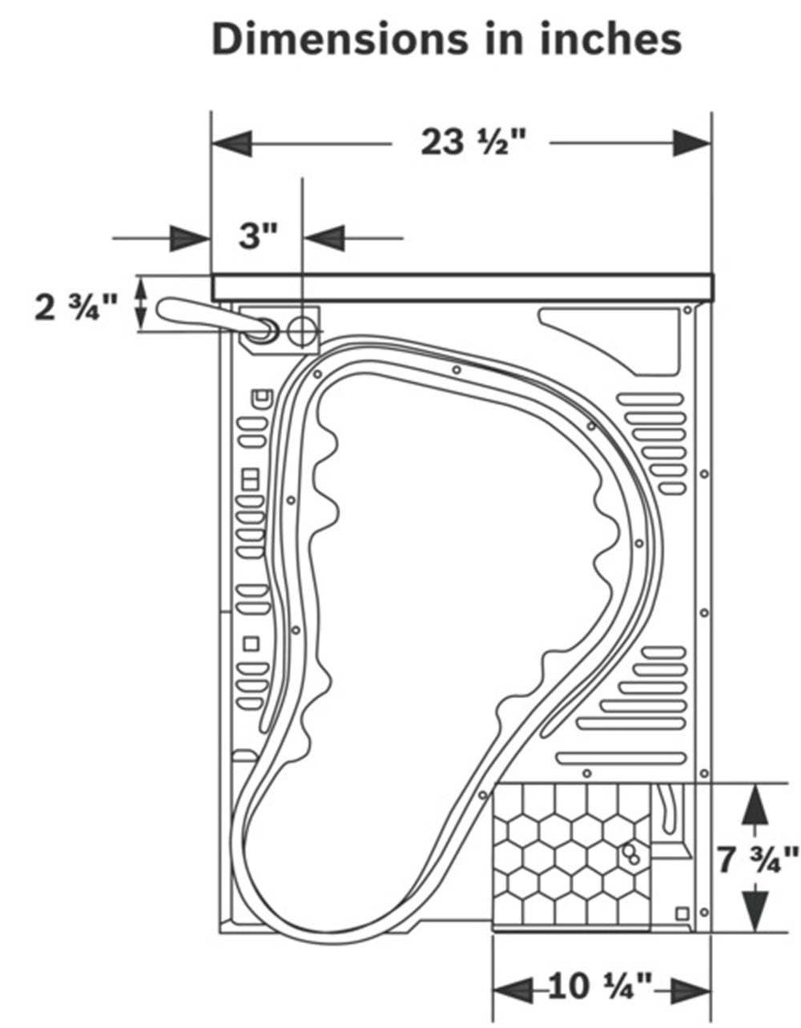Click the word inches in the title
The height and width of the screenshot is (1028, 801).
(610, 40)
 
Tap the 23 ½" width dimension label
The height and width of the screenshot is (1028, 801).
(473, 143)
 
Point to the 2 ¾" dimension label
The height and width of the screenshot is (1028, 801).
(76, 308)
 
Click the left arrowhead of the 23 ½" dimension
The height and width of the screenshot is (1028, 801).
(231, 143)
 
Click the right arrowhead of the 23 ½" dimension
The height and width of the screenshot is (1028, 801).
(693, 143)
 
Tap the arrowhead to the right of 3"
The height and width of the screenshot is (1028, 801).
(324, 238)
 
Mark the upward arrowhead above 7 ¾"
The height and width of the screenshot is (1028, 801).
(755, 805)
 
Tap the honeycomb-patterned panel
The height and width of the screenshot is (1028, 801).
(572, 857)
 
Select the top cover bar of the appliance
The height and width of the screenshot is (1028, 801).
(462, 287)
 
